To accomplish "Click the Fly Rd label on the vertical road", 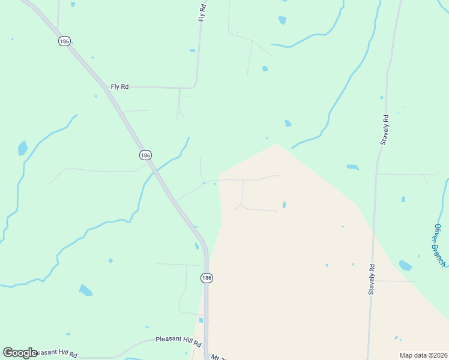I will (203, 13).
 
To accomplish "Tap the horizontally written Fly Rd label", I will (119, 87).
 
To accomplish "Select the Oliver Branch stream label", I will (439, 245).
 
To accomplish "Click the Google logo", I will (20, 353).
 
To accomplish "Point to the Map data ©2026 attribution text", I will (423, 355).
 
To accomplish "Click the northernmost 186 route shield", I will (65, 41).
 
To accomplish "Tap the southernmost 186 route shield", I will (206, 278).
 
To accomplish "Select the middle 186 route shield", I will (145, 155).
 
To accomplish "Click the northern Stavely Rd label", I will (384, 130).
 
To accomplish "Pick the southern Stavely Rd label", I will (372, 279).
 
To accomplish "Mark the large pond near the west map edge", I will (23, 148).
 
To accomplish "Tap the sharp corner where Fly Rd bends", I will (196, 86).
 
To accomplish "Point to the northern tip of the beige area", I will (276, 143).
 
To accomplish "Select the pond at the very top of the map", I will (282, 20).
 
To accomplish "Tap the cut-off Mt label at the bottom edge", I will (218, 357).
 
